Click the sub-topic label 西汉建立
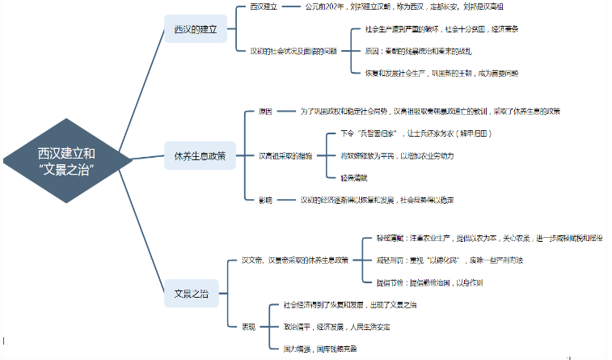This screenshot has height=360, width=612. (264, 7)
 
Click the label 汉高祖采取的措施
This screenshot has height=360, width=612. (285, 155)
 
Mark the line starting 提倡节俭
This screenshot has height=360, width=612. (429, 282)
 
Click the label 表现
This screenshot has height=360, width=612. (248, 326)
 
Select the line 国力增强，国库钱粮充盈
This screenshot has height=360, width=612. (320, 348)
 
